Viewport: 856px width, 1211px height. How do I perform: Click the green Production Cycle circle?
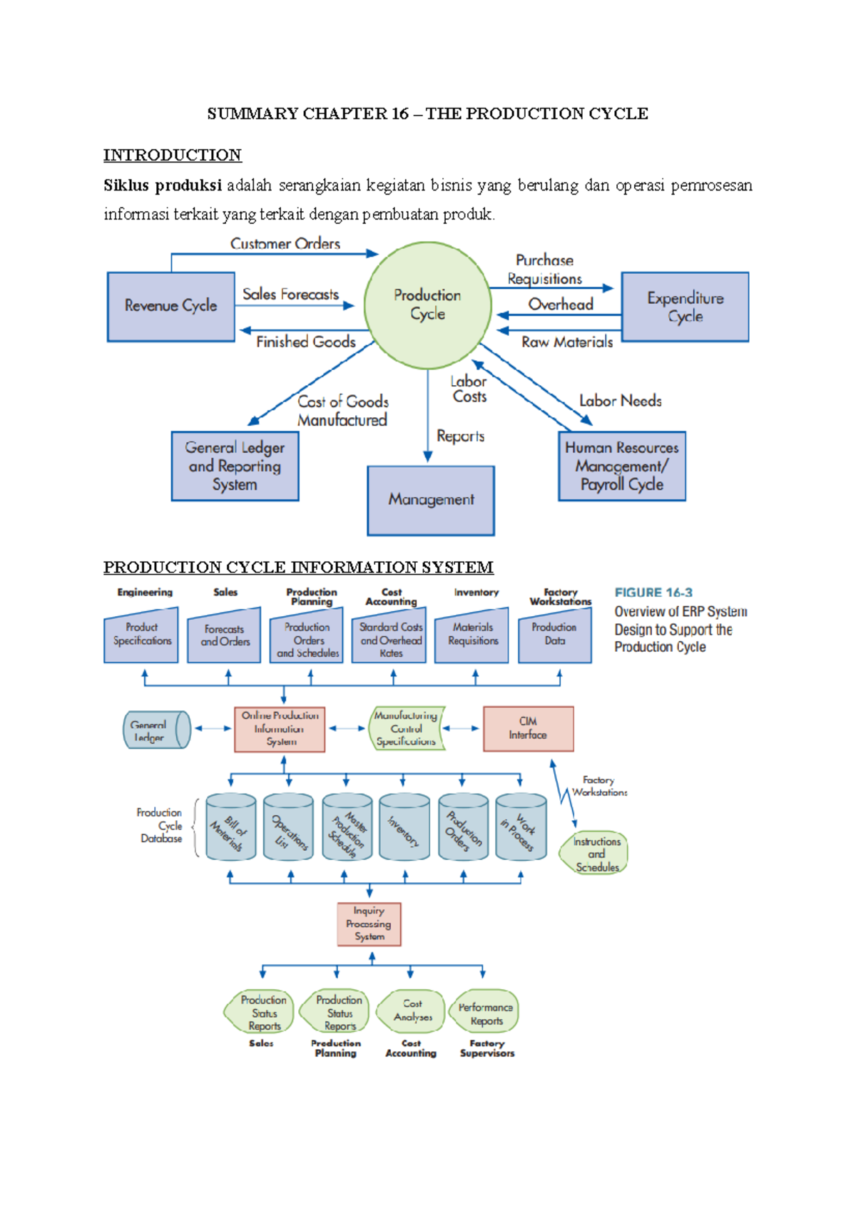(427, 305)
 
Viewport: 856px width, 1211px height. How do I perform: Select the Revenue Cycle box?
(170, 306)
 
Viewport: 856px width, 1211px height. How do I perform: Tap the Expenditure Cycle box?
(685, 307)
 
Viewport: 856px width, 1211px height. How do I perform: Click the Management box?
(431, 500)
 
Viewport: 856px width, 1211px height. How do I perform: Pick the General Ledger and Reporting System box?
(235, 466)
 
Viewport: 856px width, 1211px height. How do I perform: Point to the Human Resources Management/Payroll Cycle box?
(621, 466)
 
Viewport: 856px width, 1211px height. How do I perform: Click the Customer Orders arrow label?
(285, 244)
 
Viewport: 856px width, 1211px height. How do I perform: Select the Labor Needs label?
(620, 401)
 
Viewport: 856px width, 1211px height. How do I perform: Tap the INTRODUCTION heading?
(172, 155)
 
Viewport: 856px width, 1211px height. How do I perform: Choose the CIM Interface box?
(528, 728)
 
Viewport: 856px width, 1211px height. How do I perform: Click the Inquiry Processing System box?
(369, 924)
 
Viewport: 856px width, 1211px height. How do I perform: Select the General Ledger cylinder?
(156, 730)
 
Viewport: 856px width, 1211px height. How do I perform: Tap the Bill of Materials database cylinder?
(230, 827)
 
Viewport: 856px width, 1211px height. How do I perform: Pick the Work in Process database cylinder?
(521, 827)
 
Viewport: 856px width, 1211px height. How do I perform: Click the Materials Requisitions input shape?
(473, 635)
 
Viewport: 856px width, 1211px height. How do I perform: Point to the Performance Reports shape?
(485, 1013)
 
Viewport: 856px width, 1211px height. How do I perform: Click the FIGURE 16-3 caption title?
(653, 593)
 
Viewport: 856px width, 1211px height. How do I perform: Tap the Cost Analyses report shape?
(412, 1011)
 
